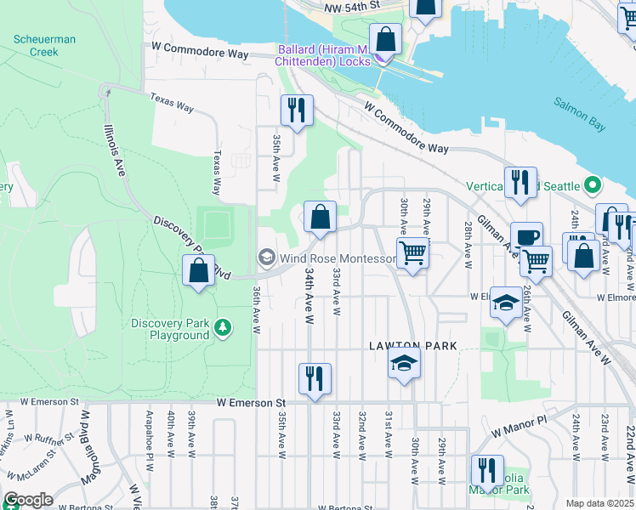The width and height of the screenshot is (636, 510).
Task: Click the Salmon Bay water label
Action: point(580,114)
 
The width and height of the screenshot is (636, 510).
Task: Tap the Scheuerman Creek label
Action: point(36,46)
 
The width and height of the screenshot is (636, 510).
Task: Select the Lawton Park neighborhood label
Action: point(412,346)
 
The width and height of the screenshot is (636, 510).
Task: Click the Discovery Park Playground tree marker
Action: point(223,326)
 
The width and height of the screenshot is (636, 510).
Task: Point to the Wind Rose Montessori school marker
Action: point(267,258)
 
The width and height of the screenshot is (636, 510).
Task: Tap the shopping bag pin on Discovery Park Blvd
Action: point(198,271)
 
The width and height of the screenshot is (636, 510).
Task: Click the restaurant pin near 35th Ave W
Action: point(297,111)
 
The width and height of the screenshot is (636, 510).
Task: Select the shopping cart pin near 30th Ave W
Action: point(412,253)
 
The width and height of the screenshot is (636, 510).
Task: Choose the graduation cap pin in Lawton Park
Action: point(404,364)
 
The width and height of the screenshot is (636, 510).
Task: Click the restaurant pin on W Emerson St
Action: point(315,380)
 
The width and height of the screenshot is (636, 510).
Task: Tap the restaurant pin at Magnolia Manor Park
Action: point(487,471)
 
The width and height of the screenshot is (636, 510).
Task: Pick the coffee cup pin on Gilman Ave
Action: point(526,238)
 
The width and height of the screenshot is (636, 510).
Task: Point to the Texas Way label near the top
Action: point(173,103)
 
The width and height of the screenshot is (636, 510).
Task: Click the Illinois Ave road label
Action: point(115,150)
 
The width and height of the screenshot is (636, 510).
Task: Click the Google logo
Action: point(29,499)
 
